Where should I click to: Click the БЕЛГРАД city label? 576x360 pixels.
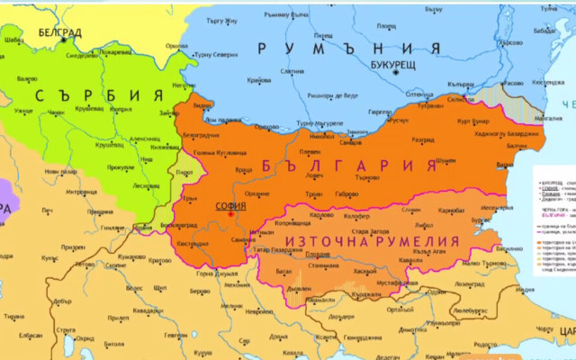pos(59,32)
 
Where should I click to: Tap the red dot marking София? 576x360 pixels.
pos(229,214)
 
